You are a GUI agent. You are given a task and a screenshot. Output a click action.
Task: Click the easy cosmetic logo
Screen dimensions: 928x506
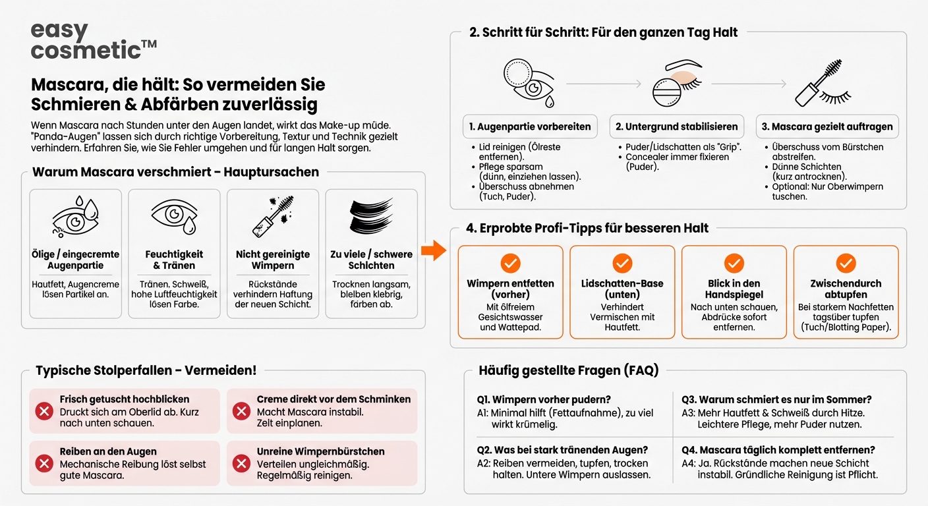pyautogui.click(x=94, y=40)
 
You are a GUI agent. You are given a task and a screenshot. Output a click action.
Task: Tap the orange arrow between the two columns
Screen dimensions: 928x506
pyautogui.click(x=434, y=250)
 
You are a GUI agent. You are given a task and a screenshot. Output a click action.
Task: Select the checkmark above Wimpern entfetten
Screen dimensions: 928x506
pyautogui.click(x=510, y=264)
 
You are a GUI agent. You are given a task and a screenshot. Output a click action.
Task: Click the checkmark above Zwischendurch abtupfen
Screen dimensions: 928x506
pyautogui.click(x=846, y=264)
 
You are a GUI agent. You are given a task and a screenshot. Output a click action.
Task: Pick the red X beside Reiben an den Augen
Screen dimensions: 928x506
pyautogui.click(x=44, y=463)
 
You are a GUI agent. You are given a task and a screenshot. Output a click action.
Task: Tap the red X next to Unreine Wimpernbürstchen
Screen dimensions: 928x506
pyautogui.click(x=241, y=463)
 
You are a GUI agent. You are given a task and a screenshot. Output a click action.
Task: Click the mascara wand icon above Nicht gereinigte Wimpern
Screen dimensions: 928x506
pyautogui.click(x=273, y=216)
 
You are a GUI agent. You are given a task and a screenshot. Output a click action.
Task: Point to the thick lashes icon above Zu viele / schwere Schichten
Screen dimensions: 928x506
pyautogui.click(x=371, y=216)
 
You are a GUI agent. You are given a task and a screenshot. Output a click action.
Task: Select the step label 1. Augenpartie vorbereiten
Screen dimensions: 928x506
pyautogui.click(x=530, y=126)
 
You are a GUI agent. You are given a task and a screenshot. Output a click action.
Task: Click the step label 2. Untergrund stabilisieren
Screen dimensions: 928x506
pyautogui.click(x=676, y=126)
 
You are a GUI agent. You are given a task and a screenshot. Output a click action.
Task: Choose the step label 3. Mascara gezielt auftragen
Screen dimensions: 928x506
pyautogui.click(x=827, y=126)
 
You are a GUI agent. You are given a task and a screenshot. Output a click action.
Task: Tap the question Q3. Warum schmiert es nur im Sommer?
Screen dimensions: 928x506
pyautogui.click(x=776, y=399)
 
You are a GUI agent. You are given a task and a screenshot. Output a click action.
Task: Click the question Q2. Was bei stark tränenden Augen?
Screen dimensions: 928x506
pyautogui.click(x=562, y=450)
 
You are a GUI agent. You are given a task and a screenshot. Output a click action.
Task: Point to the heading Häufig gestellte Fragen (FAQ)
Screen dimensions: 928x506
pyautogui.click(x=568, y=370)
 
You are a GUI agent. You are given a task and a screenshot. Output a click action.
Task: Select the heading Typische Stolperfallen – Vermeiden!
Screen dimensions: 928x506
pyautogui.click(x=146, y=370)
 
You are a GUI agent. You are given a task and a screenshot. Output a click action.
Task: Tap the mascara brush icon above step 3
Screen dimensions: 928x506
pyautogui.click(x=823, y=83)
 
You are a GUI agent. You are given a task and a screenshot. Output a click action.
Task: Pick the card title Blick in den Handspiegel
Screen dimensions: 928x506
pyautogui.click(x=734, y=289)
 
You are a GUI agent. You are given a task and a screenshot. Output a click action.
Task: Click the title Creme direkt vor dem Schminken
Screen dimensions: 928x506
pyautogui.click(x=333, y=399)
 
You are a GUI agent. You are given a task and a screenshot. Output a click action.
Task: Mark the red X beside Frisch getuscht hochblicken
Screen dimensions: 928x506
pyautogui.click(x=44, y=411)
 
